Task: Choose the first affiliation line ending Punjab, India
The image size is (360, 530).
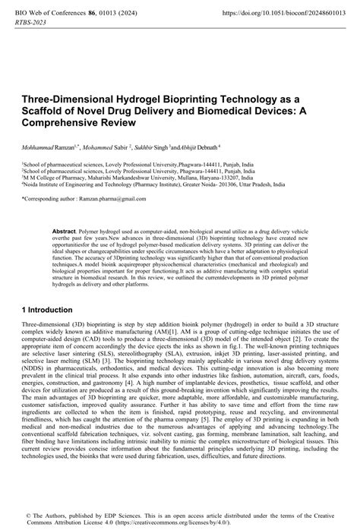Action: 137,163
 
